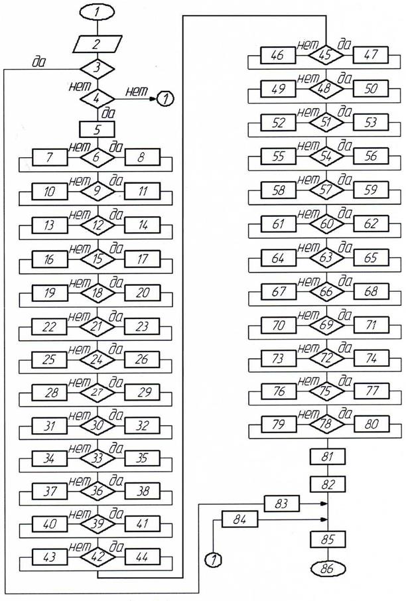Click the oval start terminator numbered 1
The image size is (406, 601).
(x=97, y=12)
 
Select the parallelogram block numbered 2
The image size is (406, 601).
(x=98, y=44)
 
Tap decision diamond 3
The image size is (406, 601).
(x=97, y=69)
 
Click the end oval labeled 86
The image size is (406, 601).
(x=328, y=568)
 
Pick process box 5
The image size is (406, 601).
(x=97, y=129)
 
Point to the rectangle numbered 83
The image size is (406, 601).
(x=282, y=503)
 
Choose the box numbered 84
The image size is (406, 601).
(x=240, y=520)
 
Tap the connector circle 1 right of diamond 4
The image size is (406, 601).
(x=165, y=99)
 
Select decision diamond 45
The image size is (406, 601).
(x=326, y=55)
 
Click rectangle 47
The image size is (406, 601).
(x=371, y=55)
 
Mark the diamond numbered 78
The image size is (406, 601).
(x=326, y=424)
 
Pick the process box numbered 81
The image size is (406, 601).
(x=328, y=457)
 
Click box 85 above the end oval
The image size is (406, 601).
(x=328, y=539)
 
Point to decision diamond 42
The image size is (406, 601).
(x=97, y=557)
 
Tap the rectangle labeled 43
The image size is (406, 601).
(x=50, y=557)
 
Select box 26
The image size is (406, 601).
(x=142, y=360)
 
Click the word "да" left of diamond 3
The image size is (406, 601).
(x=38, y=62)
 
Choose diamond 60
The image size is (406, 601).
(x=326, y=224)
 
